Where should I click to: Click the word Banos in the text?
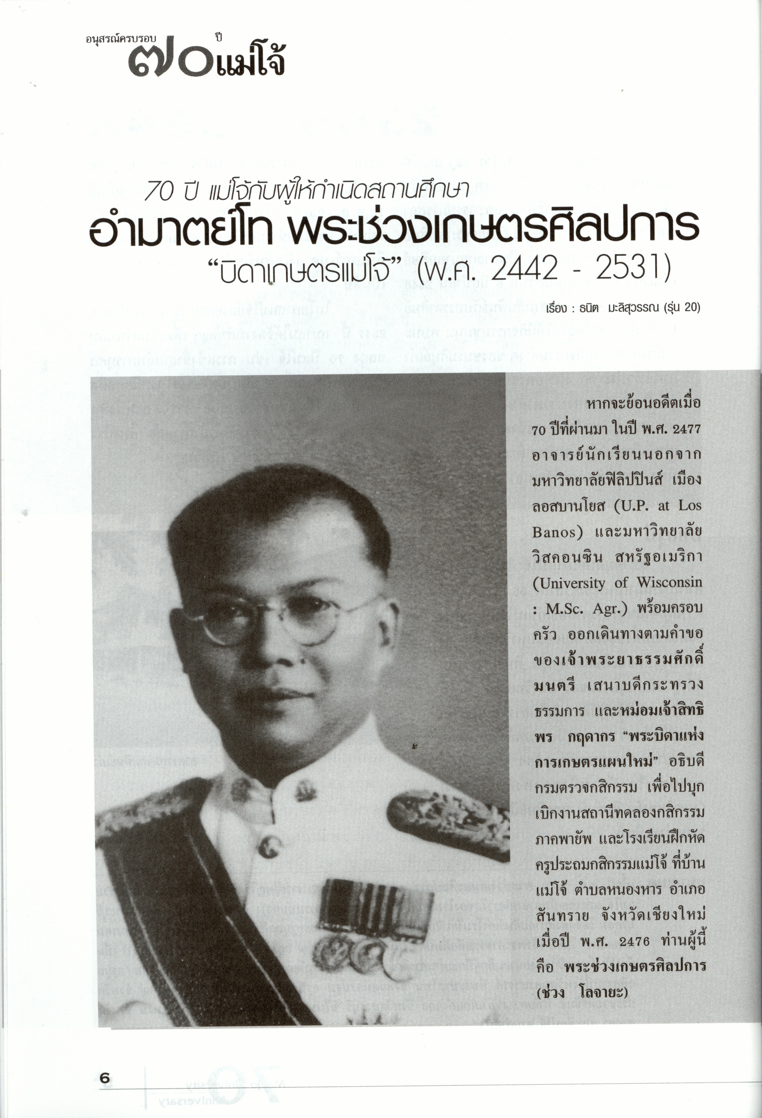coord(554,532)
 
